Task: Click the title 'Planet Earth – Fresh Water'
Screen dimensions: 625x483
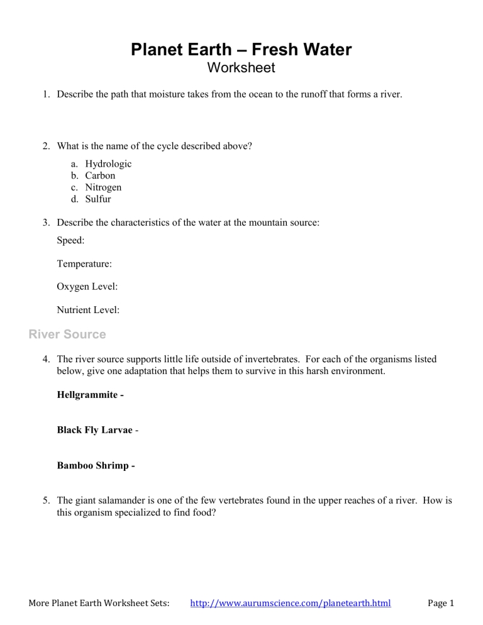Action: click(x=241, y=50)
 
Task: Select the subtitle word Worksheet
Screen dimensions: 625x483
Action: click(x=241, y=67)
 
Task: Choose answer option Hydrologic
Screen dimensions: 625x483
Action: click(x=108, y=164)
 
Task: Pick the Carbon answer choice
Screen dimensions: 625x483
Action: click(x=100, y=176)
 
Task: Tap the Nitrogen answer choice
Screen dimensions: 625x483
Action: click(x=103, y=187)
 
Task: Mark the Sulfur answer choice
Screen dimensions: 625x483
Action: click(x=98, y=199)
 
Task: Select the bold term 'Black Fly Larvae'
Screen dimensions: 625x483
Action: click(x=94, y=430)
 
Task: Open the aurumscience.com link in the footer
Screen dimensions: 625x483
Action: click(x=290, y=604)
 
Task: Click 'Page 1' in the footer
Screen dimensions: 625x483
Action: click(x=440, y=604)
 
